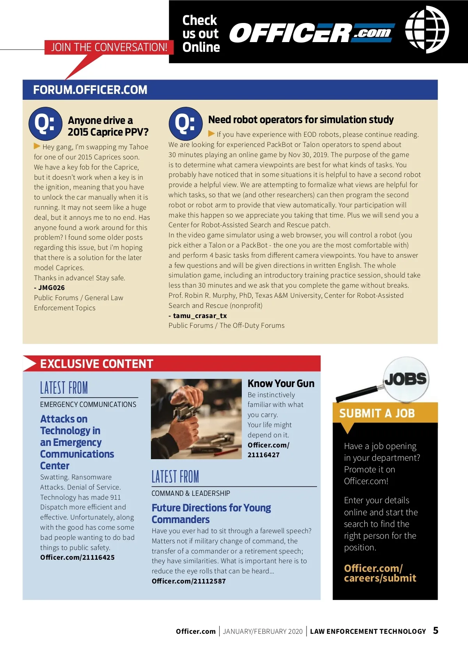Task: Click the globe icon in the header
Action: point(427,30)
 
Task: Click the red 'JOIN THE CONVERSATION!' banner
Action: point(109,47)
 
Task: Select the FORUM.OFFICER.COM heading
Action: point(90,90)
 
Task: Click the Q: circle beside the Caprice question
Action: point(45,124)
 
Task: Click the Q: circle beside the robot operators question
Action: point(185,124)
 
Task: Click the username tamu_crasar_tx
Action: point(200,316)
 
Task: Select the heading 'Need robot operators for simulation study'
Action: point(301,120)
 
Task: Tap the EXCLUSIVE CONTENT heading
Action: point(97,364)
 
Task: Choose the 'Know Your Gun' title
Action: point(281,384)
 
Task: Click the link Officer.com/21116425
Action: point(77,557)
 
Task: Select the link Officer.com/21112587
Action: point(189,581)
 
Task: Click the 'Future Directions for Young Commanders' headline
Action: point(211,513)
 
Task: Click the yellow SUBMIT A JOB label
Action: point(377,413)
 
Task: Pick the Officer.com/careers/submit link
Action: point(380,573)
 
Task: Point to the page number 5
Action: point(436,630)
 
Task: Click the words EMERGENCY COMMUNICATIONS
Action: point(88,405)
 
